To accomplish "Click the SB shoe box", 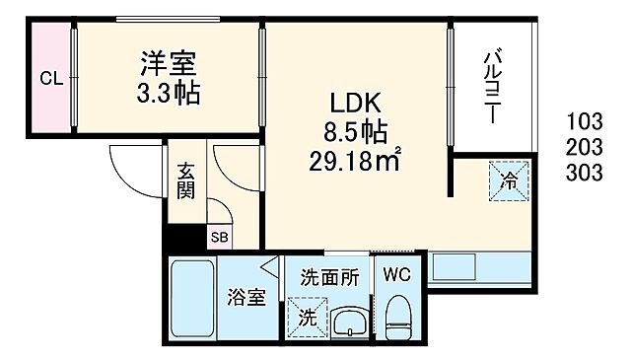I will [218, 237].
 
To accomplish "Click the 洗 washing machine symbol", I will [308, 319].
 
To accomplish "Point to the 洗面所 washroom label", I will [330, 278].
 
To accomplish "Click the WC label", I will [398, 273].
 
